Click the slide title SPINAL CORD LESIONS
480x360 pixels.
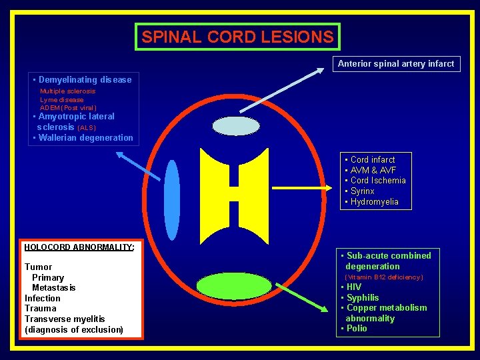coord(237,37)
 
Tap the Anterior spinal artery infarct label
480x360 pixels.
coord(395,64)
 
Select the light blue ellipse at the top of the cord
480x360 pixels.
coord(235,126)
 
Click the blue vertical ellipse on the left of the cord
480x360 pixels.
coord(172,199)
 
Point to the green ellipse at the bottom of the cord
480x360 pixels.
coord(235,286)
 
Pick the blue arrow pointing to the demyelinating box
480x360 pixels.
coord(139,165)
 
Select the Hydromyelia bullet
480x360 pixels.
coord(374,202)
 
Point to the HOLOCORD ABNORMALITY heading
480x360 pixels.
coord(79,247)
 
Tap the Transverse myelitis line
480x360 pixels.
coord(65,319)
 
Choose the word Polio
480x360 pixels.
coord(357,329)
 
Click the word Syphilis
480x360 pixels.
coord(363,297)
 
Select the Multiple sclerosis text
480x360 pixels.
coord(67,91)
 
